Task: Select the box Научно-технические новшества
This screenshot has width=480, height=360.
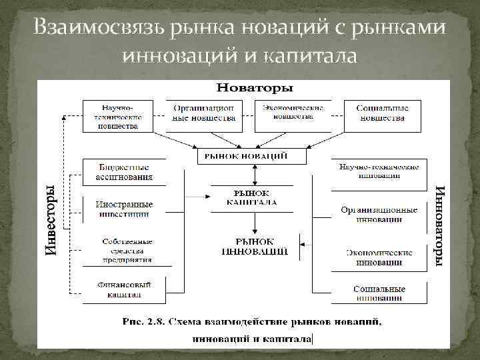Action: point(117,116)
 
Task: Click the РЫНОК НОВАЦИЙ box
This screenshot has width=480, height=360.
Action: point(253,155)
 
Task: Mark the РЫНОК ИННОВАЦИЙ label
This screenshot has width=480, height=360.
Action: point(255,246)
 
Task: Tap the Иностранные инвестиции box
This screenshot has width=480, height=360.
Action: point(124,209)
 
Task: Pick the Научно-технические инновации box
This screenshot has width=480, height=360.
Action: point(377,171)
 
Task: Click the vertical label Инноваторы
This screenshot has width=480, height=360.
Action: point(439,227)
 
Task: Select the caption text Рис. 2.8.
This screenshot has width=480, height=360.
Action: point(143,323)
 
